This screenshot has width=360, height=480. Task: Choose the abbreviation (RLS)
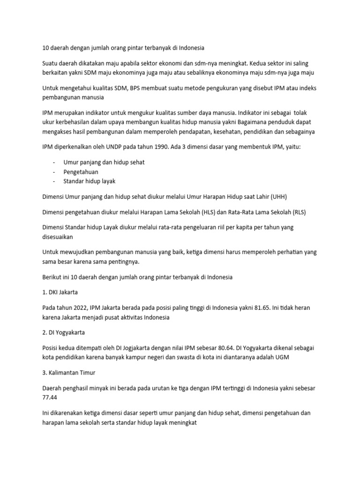click(296, 211)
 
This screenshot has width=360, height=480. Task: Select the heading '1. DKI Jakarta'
click(60, 292)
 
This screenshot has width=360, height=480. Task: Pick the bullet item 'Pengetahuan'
click(81, 172)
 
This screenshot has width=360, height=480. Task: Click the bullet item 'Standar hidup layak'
click(90, 181)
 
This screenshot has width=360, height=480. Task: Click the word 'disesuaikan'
click(60, 236)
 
